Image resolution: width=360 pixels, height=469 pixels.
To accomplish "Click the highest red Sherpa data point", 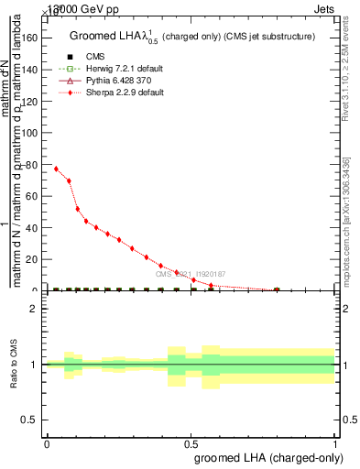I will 56,169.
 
